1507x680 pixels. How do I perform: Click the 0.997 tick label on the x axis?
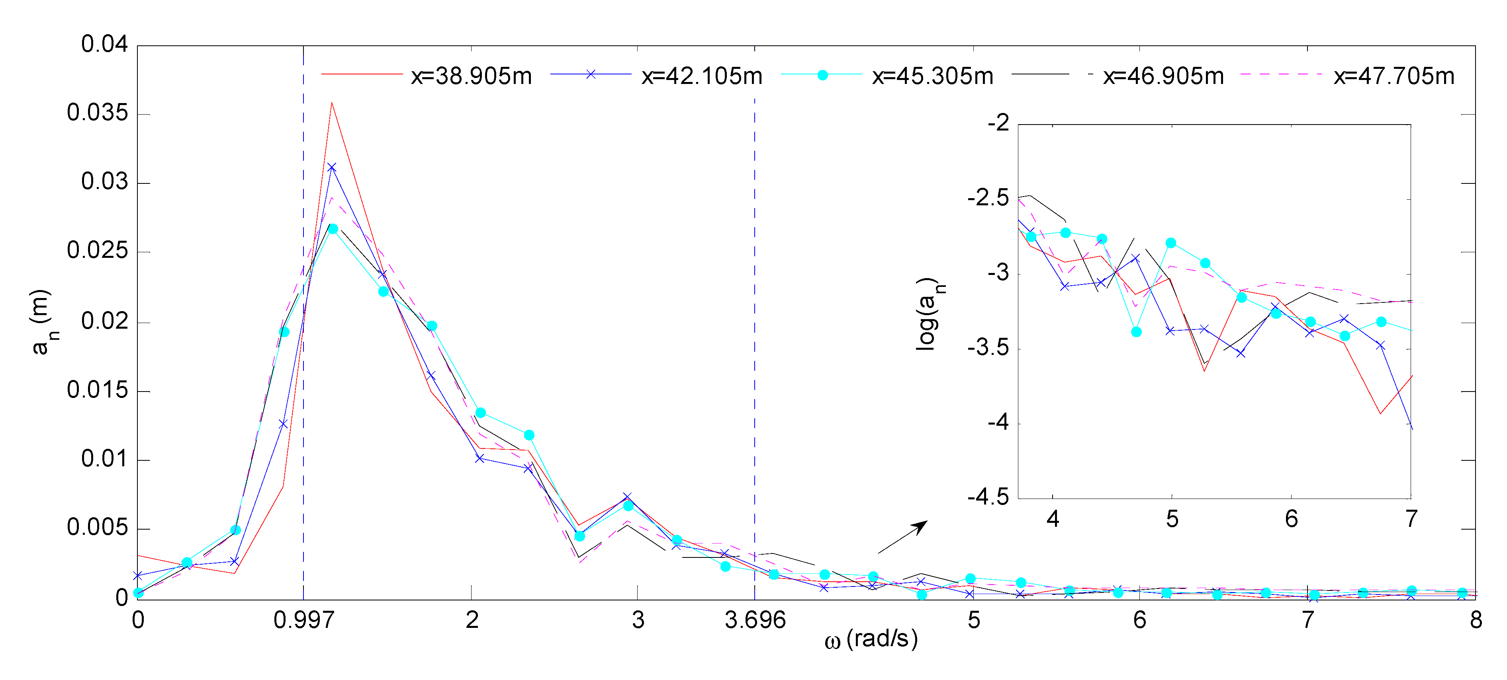click(x=303, y=620)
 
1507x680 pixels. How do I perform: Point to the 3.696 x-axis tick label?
click(x=755, y=620)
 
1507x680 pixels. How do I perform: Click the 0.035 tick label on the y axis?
click(x=97, y=113)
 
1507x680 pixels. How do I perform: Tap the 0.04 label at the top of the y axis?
click(x=104, y=45)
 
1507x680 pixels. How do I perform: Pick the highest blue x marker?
click(x=332, y=168)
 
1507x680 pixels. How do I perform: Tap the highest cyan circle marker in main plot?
click(x=332, y=229)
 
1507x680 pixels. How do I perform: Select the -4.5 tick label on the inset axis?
click(x=988, y=498)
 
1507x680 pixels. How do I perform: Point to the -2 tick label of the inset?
click(x=998, y=123)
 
